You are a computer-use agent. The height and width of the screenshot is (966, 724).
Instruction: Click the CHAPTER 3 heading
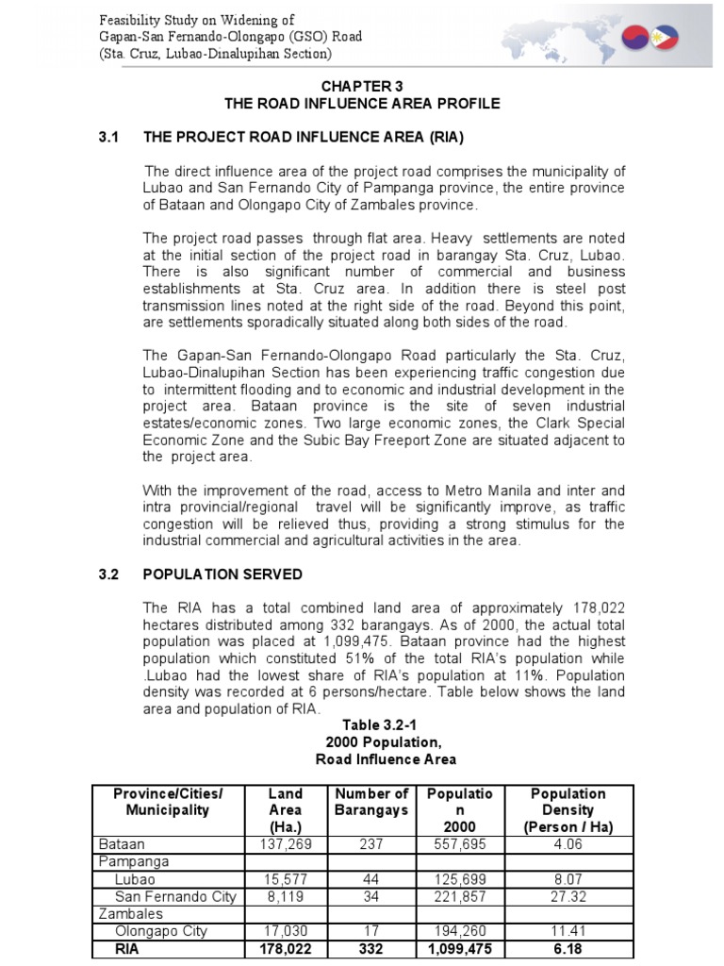click(361, 84)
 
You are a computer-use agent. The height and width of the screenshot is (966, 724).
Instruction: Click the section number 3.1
click(109, 137)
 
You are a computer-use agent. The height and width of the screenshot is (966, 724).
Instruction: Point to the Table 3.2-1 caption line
click(361, 725)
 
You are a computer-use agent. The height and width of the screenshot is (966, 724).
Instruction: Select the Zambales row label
click(128, 914)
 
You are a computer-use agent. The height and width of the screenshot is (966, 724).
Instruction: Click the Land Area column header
click(285, 810)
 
